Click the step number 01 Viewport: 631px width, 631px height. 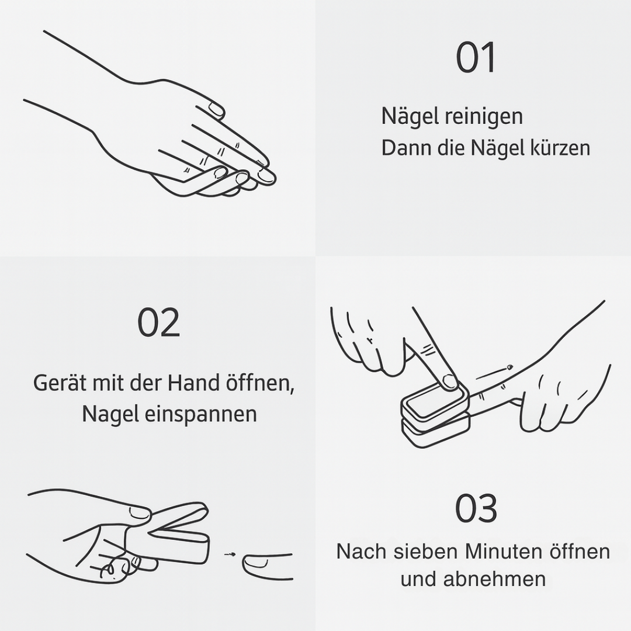pyautogui.click(x=476, y=58)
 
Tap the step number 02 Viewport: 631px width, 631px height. pyautogui.click(x=158, y=323)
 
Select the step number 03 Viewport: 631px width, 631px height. pyautogui.click(x=476, y=508)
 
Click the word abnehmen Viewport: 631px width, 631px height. pyautogui.click(x=494, y=579)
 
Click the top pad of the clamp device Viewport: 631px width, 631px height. pyautogui.click(x=432, y=403)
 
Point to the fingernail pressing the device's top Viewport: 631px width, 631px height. pyautogui.click(x=449, y=382)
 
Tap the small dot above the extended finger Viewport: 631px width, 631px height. pyautogui.click(x=509, y=367)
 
